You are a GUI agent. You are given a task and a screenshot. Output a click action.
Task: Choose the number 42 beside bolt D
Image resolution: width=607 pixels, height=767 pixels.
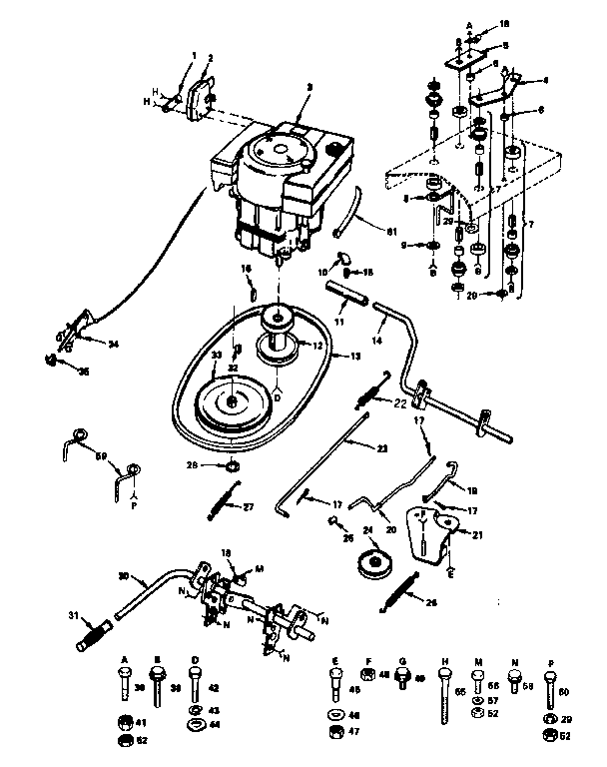click(213, 687)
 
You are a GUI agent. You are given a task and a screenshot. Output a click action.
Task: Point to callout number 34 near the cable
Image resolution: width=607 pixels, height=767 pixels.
click(112, 346)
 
